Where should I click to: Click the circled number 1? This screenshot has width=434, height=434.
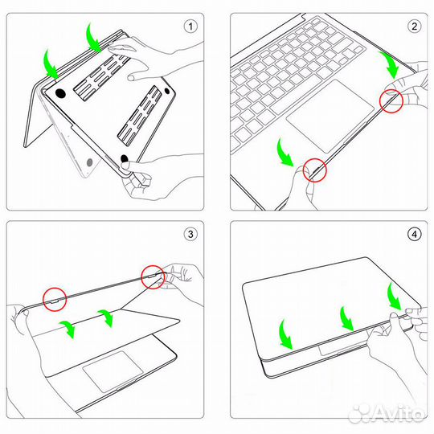pos(190,26)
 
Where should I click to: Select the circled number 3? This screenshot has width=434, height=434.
pos(190,235)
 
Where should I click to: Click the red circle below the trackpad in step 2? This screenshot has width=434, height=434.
pos(314,170)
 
